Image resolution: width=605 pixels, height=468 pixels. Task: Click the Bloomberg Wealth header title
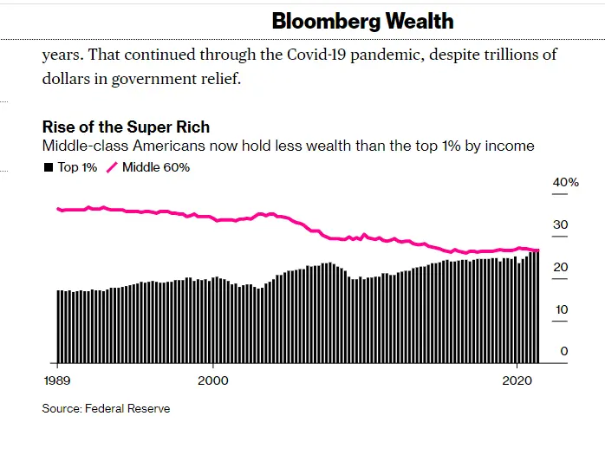pyautogui.click(x=362, y=21)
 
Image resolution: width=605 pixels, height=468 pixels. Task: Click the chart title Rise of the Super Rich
pyautogui.click(x=126, y=127)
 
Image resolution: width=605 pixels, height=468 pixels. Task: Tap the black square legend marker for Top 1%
pyautogui.click(x=49, y=167)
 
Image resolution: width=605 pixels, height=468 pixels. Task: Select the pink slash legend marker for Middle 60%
pyautogui.click(x=112, y=167)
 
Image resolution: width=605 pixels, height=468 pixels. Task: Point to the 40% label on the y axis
pyautogui.click(x=565, y=183)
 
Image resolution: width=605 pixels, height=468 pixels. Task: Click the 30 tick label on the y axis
pyautogui.click(x=561, y=225)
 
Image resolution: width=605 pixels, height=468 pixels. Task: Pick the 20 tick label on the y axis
pyautogui.click(x=561, y=268)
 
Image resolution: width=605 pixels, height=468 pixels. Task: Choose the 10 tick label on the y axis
pyautogui.click(x=561, y=310)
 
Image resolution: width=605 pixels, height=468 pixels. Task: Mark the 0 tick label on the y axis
pyautogui.click(x=563, y=352)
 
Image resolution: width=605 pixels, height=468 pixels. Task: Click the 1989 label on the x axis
pyautogui.click(x=56, y=381)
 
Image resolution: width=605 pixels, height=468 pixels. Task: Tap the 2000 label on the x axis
pyautogui.click(x=212, y=381)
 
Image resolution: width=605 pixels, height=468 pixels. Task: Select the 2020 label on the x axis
pyautogui.click(x=517, y=381)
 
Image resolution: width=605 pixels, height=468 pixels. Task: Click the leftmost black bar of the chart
pyautogui.click(x=59, y=327)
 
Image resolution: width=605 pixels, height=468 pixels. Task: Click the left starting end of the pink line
pyautogui.click(x=57, y=209)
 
